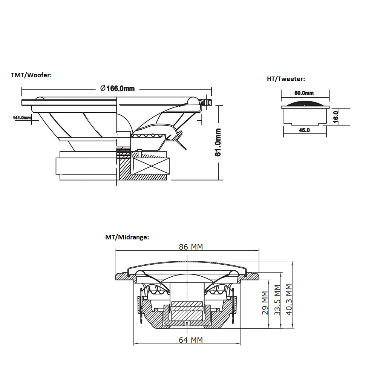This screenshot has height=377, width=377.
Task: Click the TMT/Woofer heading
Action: click(31, 75)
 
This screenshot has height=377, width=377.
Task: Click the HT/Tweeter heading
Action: click(286, 79)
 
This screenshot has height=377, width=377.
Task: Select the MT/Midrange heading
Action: click(127, 237)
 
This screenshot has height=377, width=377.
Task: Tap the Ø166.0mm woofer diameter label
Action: click(117, 89)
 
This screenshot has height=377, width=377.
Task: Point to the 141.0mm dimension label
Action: click(22, 118)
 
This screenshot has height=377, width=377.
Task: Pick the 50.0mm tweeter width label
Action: click(304, 93)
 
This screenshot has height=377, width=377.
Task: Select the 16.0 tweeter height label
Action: click(336, 116)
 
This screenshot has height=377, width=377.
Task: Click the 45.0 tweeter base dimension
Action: click(304, 130)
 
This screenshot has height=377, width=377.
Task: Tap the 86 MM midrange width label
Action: click(190, 247)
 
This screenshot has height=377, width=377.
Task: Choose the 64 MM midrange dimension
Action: click(190, 340)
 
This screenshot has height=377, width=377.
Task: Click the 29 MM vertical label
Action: click(265, 303)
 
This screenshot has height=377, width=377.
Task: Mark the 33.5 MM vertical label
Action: click(277, 300)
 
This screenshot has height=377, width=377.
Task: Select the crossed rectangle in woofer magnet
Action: click(150, 166)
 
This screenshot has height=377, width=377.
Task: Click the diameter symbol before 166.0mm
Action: click(103, 89)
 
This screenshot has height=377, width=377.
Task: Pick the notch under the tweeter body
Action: click(305, 123)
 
